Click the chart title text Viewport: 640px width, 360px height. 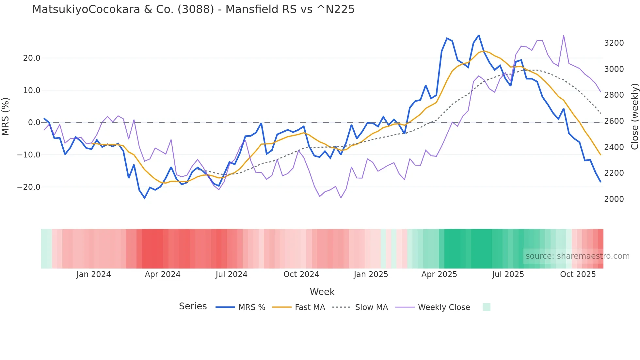pos(193,9)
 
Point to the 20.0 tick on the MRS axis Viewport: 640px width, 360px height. pos(32,58)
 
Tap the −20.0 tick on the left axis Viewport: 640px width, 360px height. pos(29,187)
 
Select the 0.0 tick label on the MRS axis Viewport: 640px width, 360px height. pos(34,123)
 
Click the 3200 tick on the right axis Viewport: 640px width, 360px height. pos(614,43)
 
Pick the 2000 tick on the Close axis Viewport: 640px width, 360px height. pos(614,199)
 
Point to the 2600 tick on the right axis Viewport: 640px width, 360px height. pos(614,121)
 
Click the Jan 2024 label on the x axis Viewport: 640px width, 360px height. pos(94,274)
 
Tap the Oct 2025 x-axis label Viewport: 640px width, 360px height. pos(578,274)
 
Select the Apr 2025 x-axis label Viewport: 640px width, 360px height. pos(439,274)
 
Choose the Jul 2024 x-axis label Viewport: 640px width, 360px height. pos(232,274)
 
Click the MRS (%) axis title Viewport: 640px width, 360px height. pos(6,116)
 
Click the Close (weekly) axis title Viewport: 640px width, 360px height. pos(634,116)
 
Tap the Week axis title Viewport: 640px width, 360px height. pos(322,292)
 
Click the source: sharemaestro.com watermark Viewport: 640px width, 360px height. pos(577,256)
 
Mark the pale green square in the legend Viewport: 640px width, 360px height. pos(487,307)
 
